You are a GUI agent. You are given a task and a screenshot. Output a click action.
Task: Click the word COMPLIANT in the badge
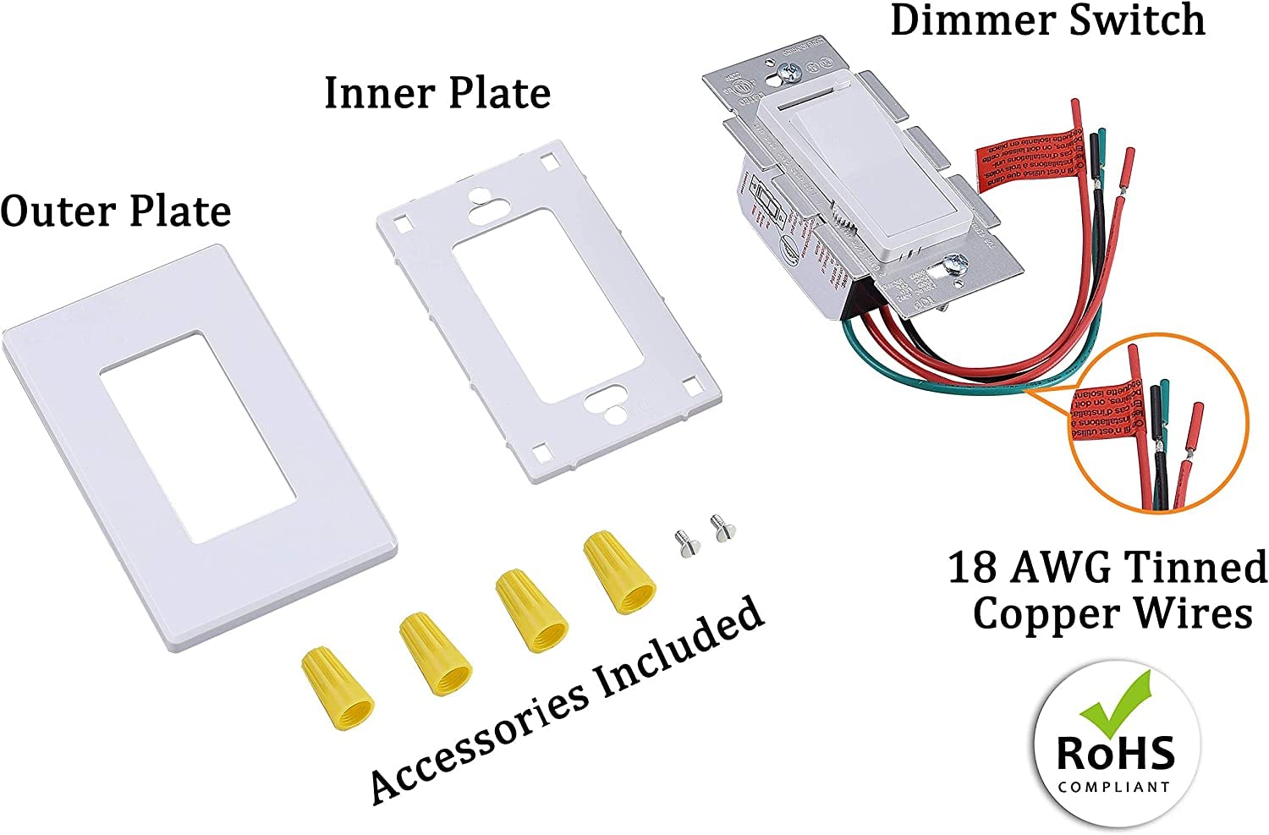pyautogui.click(x=1115, y=787)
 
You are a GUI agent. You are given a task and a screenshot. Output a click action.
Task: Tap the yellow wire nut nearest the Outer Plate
pyautogui.click(x=338, y=686)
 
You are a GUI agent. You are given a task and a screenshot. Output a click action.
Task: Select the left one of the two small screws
pyautogui.click(x=682, y=541)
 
